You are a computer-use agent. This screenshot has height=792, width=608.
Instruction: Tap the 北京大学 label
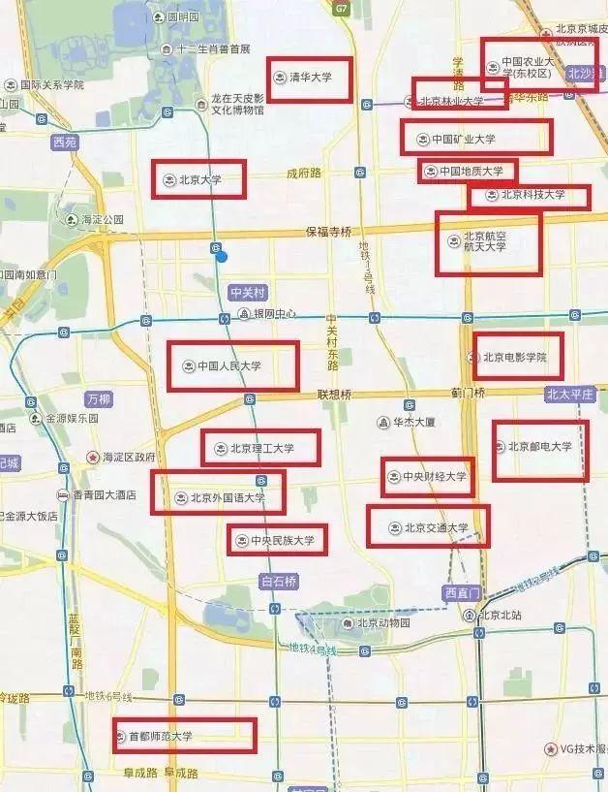[200, 179]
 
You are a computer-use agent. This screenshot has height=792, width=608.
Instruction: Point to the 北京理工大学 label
[261, 449]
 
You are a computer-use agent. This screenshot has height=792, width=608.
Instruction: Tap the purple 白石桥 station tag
[279, 582]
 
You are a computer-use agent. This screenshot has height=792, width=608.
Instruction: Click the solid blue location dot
[222, 256]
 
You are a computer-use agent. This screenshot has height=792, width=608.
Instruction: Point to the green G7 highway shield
[341, 8]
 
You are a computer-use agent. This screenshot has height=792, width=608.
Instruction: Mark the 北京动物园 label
[384, 622]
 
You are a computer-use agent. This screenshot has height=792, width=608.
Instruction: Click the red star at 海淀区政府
[93, 457]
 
